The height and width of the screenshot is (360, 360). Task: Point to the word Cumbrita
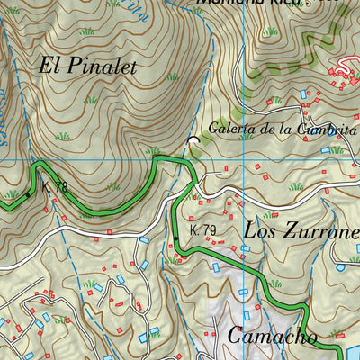328,129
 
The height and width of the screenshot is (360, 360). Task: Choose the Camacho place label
272,337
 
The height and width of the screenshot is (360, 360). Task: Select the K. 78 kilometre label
55,187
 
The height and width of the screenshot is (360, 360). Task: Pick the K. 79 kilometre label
203,230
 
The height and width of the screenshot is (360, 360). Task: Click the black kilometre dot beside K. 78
28,193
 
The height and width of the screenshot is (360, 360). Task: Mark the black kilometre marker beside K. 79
177,238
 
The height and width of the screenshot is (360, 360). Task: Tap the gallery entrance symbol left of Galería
193,140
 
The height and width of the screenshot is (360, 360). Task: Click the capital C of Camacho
237,337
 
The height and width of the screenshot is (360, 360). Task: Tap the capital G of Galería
214,129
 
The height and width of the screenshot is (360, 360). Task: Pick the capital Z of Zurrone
289,230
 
